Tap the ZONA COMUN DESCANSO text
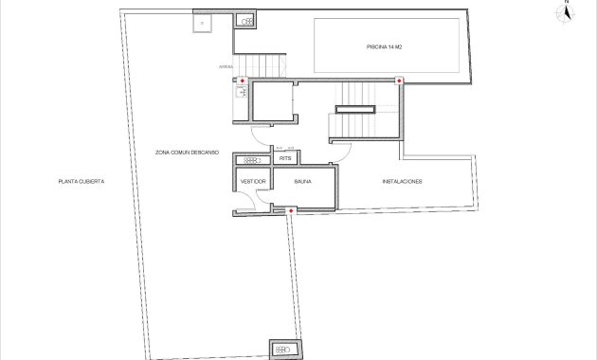(x=188, y=152)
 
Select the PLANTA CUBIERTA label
(x=81, y=180)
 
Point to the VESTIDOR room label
(x=253, y=180)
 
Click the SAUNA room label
(x=303, y=180)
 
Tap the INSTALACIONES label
(x=402, y=180)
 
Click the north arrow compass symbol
(x=566, y=11)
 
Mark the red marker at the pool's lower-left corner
(x=399, y=81)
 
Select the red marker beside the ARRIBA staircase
(x=242, y=81)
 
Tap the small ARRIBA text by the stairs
(x=226, y=67)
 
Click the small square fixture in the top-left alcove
(x=202, y=22)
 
